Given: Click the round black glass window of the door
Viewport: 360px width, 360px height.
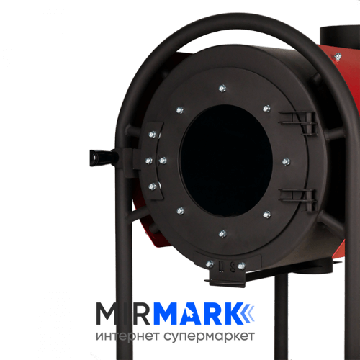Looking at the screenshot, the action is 226,161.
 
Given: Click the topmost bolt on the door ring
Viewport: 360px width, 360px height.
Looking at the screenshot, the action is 222,89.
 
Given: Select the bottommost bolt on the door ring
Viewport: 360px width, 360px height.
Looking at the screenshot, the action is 222,233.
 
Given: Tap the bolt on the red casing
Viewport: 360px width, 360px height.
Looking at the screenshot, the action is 338,57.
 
